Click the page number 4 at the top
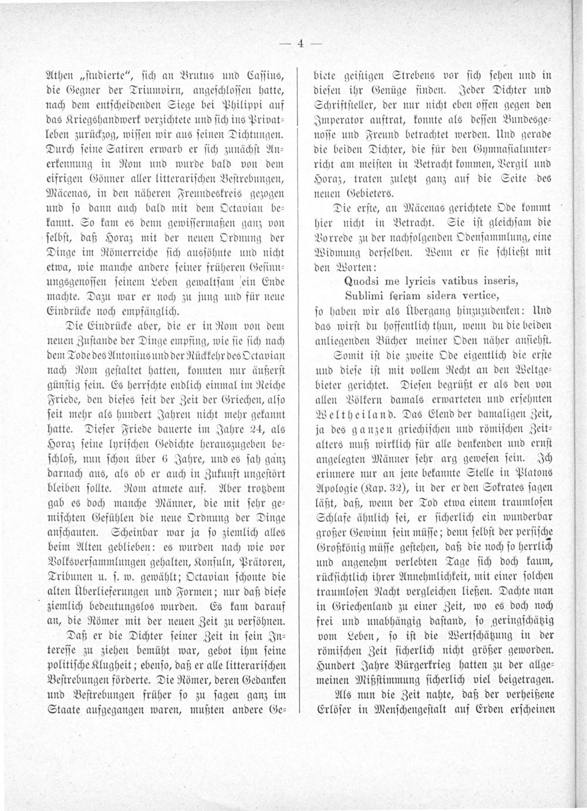pyautogui.click(x=300, y=43)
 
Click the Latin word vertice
pyautogui.click(x=478, y=294)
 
